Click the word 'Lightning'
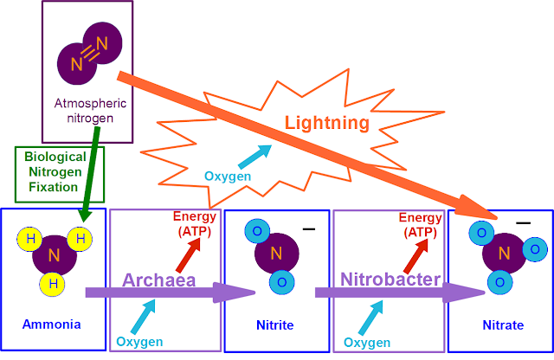(x=327, y=124)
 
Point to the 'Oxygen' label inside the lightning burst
(x=228, y=177)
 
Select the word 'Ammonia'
(x=53, y=325)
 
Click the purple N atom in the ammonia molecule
(x=53, y=256)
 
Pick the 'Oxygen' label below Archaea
(x=139, y=342)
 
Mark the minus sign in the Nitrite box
(x=308, y=228)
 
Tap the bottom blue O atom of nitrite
(x=278, y=282)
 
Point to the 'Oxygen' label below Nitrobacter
(x=367, y=342)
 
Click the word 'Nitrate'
(x=503, y=325)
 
